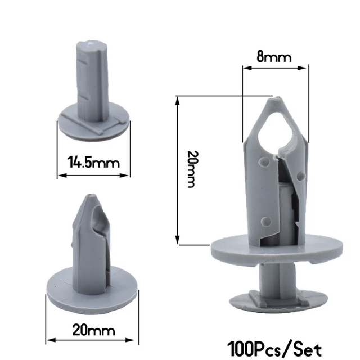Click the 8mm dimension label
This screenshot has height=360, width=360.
coord(274,57)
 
